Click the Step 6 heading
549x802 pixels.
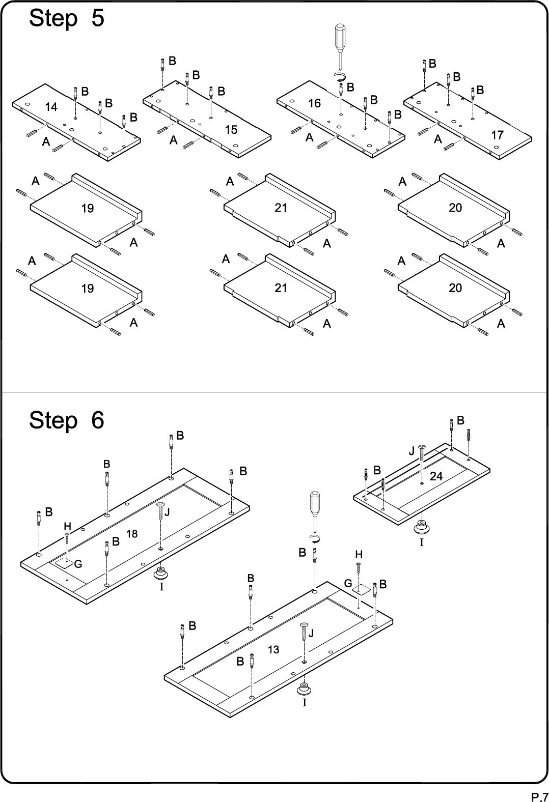coord(67,420)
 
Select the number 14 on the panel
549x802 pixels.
coord(51,107)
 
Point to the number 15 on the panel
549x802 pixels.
coord(231,130)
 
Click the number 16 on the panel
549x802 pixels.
coord(314,103)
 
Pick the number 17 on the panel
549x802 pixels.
coord(497,135)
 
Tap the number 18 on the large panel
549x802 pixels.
coord(132,534)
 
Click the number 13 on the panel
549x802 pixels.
coord(273,649)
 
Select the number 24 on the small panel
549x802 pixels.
coord(436,476)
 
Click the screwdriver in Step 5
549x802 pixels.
coord(340,46)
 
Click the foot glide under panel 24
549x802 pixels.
coord(421,527)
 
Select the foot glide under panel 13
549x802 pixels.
coord(304,689)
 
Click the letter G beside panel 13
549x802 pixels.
coord(348,584)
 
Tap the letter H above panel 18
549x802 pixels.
coord(67,526)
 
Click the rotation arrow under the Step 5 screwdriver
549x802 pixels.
coord(340,77)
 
